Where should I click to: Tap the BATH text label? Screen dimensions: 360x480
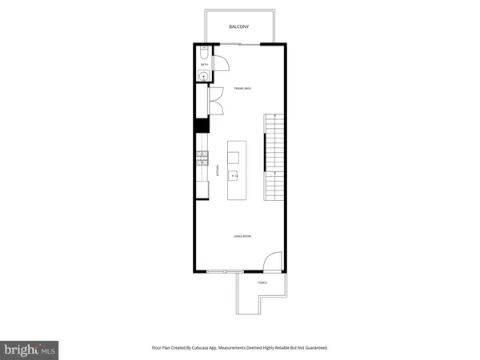(203, 64)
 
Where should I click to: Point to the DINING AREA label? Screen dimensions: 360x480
(243, 88)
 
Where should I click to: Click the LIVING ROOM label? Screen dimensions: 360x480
(242, 236)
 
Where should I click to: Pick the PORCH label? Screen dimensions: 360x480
(262, 283)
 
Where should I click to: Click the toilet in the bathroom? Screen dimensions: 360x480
(203, 54)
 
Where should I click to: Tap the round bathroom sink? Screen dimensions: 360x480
(203, 76)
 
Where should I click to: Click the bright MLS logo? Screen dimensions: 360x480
(30, 350)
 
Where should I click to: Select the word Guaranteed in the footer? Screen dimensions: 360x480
(313, 348)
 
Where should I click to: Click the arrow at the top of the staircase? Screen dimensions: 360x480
(275, 116)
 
